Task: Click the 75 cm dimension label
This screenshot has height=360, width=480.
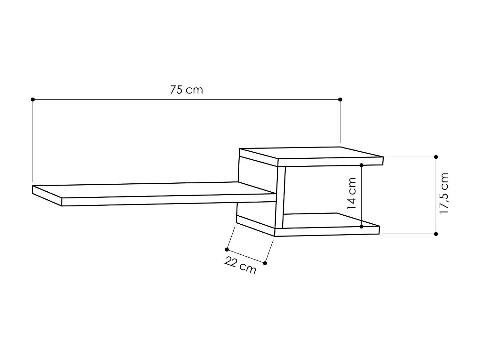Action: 187,90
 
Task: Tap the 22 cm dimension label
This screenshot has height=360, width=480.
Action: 240,266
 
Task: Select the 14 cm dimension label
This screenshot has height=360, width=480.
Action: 352,193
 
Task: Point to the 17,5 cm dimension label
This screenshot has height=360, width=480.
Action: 444,194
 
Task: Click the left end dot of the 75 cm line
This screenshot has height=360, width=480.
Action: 33,100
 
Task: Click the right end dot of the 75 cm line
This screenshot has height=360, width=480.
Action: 340,100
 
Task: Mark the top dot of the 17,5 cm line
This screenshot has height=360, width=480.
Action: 436,157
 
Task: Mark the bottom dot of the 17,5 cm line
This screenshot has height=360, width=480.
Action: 436,234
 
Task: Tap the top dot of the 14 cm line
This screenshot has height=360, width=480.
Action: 361,165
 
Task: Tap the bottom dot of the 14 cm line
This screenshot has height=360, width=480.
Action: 361,227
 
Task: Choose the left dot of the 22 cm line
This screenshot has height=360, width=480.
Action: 227,249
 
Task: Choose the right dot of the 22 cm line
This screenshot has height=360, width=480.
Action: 265,263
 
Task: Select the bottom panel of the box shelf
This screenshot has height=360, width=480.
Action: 330,221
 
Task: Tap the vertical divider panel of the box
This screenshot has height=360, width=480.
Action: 280,197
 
